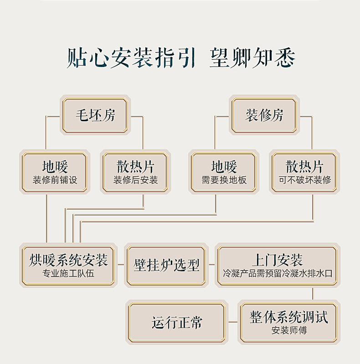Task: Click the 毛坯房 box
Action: tap(95, 116)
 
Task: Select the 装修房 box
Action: tap(264, 116)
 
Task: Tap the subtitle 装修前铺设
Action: tap(55, 180)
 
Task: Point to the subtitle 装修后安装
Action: tap(135, 180)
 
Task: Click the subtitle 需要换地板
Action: tap(224, 180)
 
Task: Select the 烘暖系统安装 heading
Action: tap(68, 261)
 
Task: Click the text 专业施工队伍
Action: tap(68, 274)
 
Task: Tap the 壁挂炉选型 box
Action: tap(166, 266)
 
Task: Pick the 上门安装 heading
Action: tap(277, 261)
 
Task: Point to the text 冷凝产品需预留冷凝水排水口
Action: tap(277, 274)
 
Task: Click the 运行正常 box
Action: tap(177, 323)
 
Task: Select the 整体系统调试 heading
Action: tap(289, 318)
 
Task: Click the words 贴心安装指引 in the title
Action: tap(131, 58)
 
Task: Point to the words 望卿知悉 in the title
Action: tap(252, 58)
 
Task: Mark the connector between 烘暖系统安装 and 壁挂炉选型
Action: tap(121, 264)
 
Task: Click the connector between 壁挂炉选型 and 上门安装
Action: tap(211, 264)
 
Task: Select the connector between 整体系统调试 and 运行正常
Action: tap(233, 322)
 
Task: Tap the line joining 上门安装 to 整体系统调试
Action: tap(313, 294)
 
